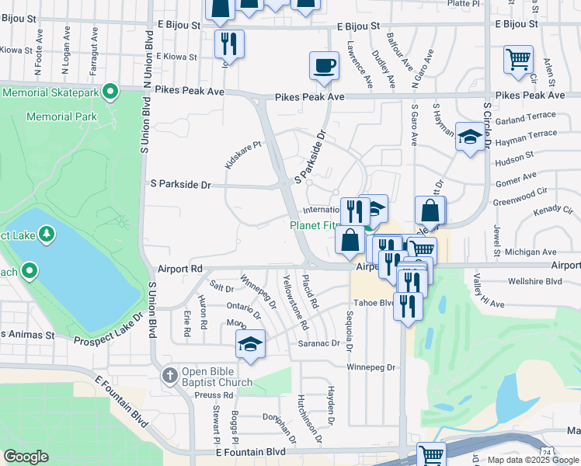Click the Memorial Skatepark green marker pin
coord(110,92)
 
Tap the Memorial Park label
coord(61,116)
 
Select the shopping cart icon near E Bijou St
coord(518,59)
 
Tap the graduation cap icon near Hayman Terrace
coord(468,137)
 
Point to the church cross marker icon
coord(171,376)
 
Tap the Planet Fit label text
coord(314,225)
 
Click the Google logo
coord(26,457)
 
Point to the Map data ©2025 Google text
coord(534,460)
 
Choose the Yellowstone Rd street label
coord(296,302)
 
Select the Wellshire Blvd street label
coord(534,281)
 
